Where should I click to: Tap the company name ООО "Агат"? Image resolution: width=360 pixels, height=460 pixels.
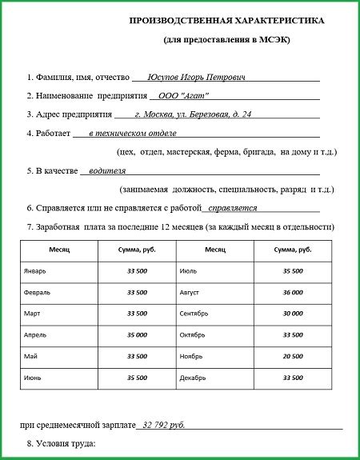190,95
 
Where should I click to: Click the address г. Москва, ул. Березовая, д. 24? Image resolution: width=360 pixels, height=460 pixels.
194,114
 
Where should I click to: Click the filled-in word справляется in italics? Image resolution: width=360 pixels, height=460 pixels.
232,207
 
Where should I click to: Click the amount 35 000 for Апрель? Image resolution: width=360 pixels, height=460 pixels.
137,334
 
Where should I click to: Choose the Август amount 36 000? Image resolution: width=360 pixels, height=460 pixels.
293,292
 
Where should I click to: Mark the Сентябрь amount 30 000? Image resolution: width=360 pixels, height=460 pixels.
293,313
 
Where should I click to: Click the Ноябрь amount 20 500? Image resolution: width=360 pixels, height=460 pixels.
293,355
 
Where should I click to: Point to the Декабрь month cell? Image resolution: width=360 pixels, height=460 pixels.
194,376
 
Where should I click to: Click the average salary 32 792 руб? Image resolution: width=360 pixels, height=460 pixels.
167,425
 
